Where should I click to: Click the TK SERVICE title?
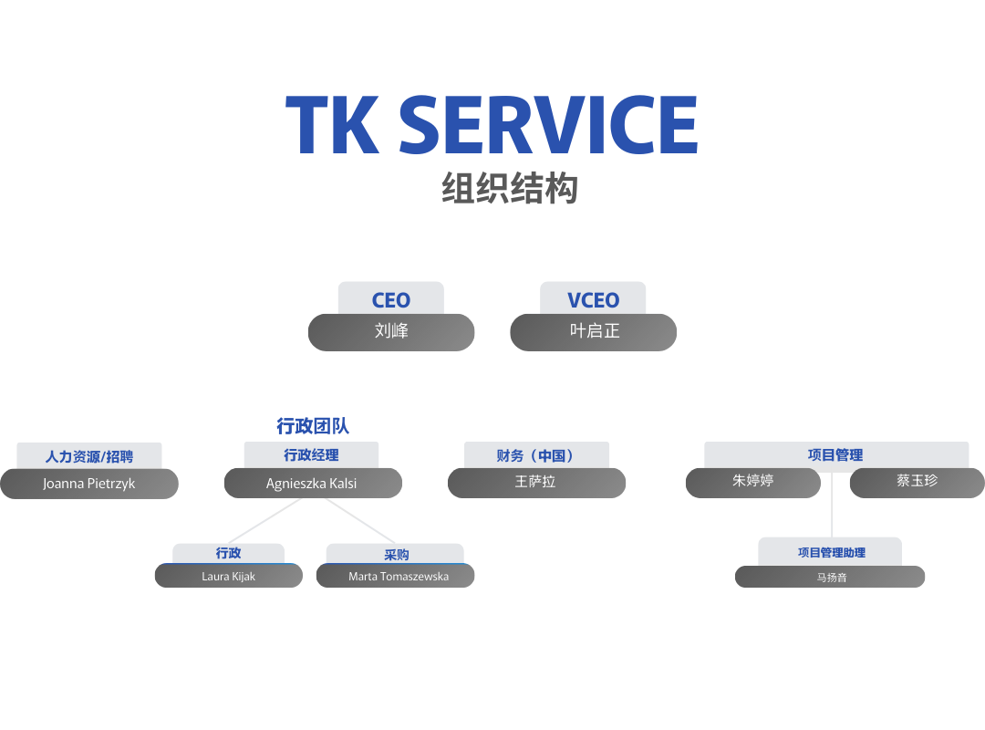pyautogui.click(x=492, y=124)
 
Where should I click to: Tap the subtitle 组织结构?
pyautogui.click(x=510, y=187)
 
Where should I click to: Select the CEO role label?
pyautogui.click(x=390, y=300)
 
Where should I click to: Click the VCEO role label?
pyautogui.click(x=593, y=300)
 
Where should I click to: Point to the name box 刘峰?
pyautogui.click(x=390, y=332)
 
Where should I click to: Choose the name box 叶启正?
pyautogui.click(x=593, y=332)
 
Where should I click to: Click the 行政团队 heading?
pyautogui.click(x=313, y=425)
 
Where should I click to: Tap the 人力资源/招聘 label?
pyautogui.click(x=89, y=456)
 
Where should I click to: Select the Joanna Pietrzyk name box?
pyautogui.click(x=89, y=484)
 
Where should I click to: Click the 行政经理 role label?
pyautogui.click(x=312, y=454)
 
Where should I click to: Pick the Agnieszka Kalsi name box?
pyautogui.click(x=313, y=483)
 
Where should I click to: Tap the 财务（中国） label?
pyautogui.click(x=536, y=455)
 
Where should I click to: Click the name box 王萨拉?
pyautogui.click(x=536, y=483)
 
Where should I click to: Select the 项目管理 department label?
pyautogui.click(x=835, y=454)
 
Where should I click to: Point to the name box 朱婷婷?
pyautogui.click(x=753, y=483)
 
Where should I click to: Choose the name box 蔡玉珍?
pyautogui.click(x=918, y=483)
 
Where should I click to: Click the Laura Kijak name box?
pyautogui.click(x=229, y=576)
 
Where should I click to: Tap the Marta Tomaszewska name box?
pyautogui.click(x=395, y=576)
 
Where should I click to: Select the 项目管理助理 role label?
pyautogui.click(x=832, y=553)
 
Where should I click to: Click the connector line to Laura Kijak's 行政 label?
pyautogui.click(x=264, y=521)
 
